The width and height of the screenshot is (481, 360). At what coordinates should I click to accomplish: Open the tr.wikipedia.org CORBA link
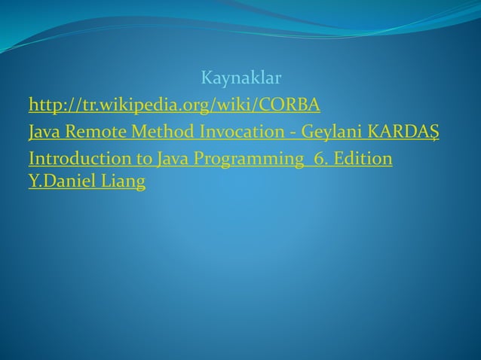(x=173, y=103)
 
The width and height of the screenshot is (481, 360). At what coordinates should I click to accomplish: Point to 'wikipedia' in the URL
(x=128, y=103)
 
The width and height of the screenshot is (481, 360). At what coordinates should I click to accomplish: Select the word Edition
(x=363, y=160)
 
